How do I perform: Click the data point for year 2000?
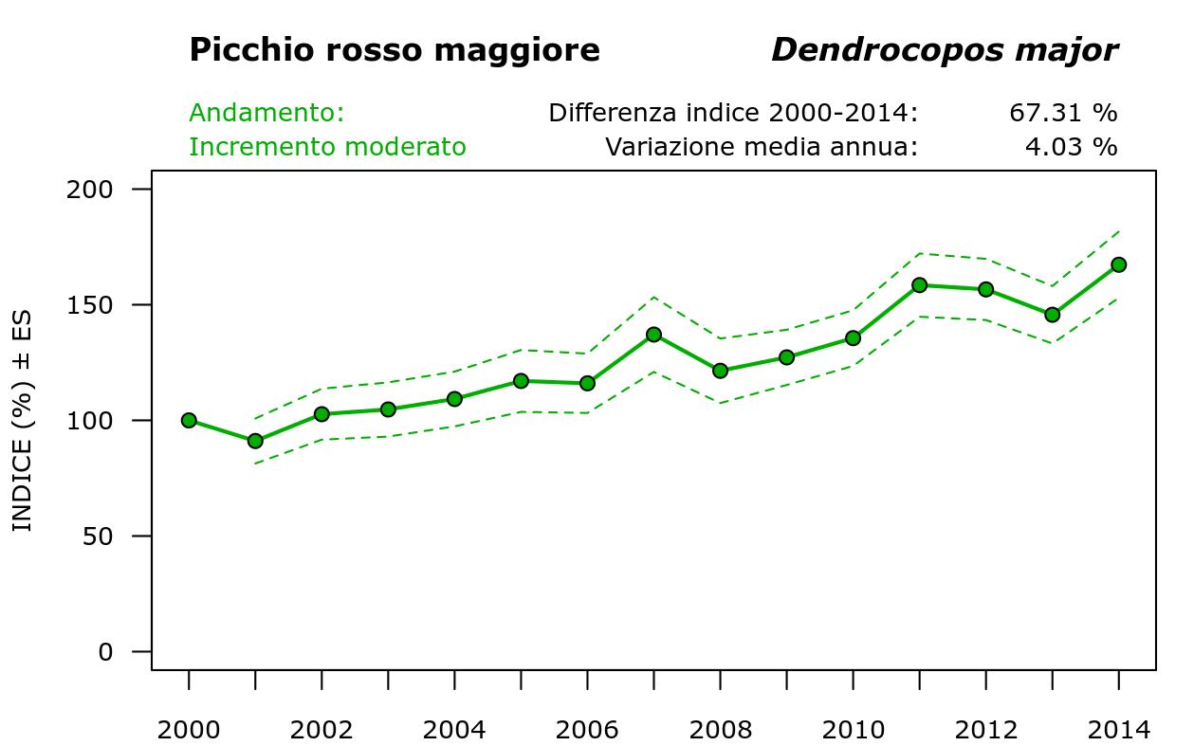(x=189, y=420)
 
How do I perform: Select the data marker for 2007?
(x=653, y=335)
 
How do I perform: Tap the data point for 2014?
(x=1118, y=264)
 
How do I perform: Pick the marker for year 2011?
(x=919, y=284)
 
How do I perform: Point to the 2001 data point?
(x=255, y=441)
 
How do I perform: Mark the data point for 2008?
(x=720, y=371)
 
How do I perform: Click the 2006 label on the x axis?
(x=587, y=730)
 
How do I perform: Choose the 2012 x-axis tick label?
(x=985, y=730)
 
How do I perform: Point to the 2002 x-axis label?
(x=321, y=730)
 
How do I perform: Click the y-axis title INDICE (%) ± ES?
(x=22, y=420)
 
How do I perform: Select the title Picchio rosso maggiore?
(x=395, y=50)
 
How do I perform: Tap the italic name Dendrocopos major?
(x=945, y=50)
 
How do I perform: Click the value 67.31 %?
(x=1063, y=113)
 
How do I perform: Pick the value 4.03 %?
(x=1071, y=147)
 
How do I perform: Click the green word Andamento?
(x=266, y=113)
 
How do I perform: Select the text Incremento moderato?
(x=327, y=147)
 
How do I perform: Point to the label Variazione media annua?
(x=762, y=147)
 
